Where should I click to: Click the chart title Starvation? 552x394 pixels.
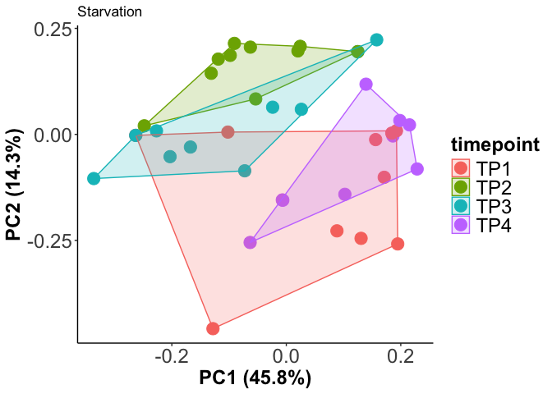tap(109, 12)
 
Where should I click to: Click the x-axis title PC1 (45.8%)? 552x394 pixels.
tap(255, 378)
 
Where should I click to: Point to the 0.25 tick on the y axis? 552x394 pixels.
tap(51, 29)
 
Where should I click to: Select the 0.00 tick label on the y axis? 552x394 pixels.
tap(51, 135)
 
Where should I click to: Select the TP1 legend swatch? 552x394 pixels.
tap(462, 167)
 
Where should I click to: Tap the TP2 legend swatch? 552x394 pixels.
tap(462, 187)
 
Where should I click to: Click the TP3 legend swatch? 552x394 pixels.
tap(462, 206)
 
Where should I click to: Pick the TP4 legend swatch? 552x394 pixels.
tap(462, 225)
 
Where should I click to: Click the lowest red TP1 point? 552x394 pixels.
tap(214, 328)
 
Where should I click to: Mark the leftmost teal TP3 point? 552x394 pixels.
tap(94, 178)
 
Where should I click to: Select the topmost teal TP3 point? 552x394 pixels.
tap(377, 39)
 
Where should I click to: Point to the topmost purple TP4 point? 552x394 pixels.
tap(366, 84)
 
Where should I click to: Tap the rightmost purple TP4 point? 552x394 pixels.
tap(417, 169)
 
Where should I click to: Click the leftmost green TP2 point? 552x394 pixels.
tap(145, 126)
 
